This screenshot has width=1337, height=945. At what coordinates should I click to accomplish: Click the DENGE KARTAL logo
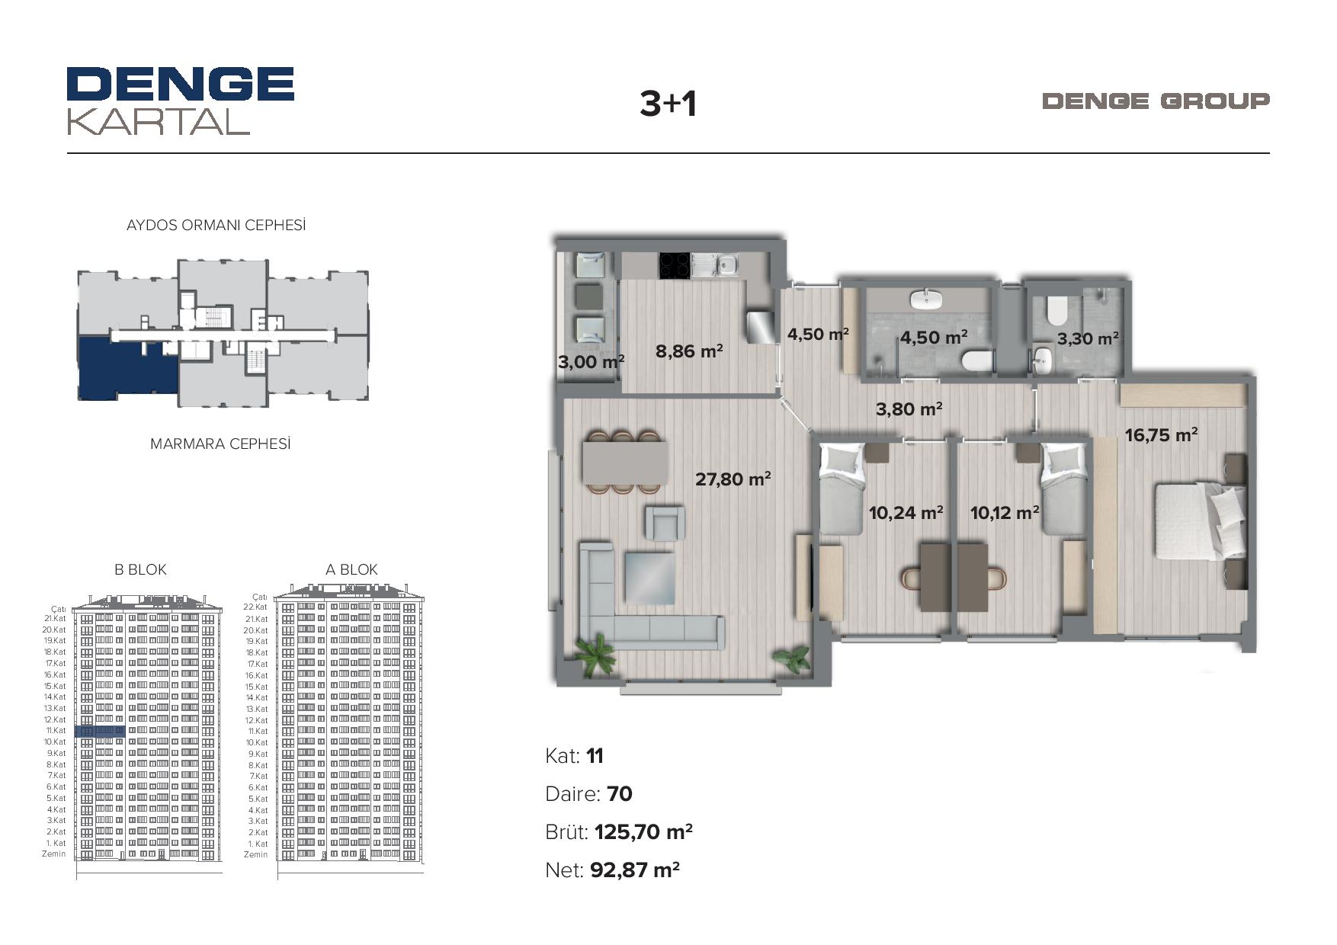(x=181, y=101)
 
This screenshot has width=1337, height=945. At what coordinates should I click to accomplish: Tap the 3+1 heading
(x=668, y=104)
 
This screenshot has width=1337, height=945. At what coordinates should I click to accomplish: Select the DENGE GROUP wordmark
(x=1156, y=101)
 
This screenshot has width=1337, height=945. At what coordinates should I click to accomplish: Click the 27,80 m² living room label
(x=733, y=479)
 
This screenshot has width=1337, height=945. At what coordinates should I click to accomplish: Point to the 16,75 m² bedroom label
(x=1161, y=434)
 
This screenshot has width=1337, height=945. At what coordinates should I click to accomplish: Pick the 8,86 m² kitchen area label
(x=689, y=351)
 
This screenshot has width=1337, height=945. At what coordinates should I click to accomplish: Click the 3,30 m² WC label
(x=1088, y=338)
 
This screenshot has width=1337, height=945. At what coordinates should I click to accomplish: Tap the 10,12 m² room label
(x=1005, y=512)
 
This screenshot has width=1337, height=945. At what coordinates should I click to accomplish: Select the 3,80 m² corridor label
(x=909, y=409)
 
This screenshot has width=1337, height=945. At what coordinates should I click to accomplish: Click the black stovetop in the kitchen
(x=675, y=265)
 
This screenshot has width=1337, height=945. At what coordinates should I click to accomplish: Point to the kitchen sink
(x=726, y=265)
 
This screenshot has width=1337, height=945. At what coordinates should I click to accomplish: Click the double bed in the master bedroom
(x=1200, y=522)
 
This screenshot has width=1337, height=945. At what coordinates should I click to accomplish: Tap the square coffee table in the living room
(x=649, y=578)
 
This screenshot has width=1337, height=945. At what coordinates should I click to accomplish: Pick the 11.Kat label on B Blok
(x=56, y=731)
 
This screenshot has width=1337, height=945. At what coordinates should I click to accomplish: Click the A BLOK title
(x=351, y=569)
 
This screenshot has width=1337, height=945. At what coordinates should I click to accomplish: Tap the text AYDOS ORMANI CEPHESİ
(x=216, y=225)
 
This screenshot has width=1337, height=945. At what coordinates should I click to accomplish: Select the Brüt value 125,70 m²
(x=643, y=831)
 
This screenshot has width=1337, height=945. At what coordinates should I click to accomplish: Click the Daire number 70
(x=620, y=794)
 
